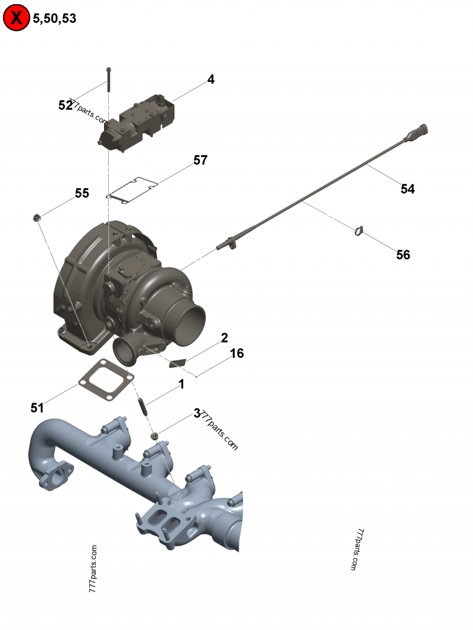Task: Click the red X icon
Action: (x=17, y=18)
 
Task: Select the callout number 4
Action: (x=210, y=80)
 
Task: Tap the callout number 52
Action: (x=64, y=105)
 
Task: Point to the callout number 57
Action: (x=200, y=160)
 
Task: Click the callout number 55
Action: (x=82, y=193)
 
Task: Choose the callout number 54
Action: (x=407, y=189)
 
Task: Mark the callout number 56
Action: (x=403, y=254)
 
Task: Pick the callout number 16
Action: (x=237, y=353)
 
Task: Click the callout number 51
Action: (x=37, y=407)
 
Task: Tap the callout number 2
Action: (x=224, y=338)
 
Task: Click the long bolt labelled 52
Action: (x=109, y=80)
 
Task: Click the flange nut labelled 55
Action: (x=37, y=218)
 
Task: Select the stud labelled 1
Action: (x=142, y=406)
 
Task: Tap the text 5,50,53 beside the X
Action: (x=54, y=18)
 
